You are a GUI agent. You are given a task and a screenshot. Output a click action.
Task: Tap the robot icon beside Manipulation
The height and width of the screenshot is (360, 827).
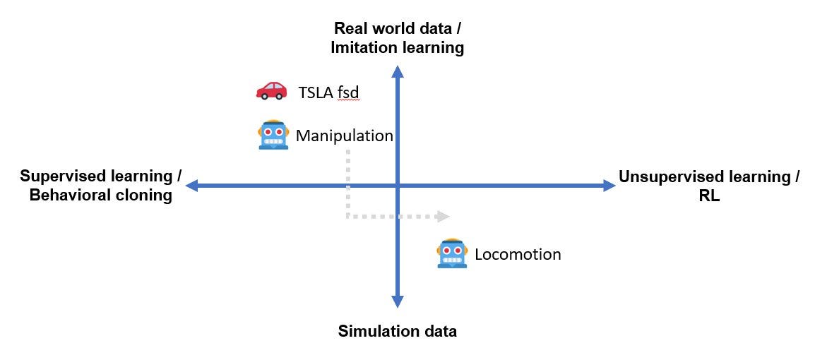pyautogui.click(x=273, y=135)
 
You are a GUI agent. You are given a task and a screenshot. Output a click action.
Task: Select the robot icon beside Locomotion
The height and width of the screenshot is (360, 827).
pyautogui.click(x=453, y=253)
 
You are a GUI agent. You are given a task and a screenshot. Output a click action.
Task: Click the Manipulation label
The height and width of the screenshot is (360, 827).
pyautogui.click(x=344, y=136)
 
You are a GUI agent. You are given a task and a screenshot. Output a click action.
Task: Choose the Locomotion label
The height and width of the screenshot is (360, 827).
pyautogui.click(x=518, y=254)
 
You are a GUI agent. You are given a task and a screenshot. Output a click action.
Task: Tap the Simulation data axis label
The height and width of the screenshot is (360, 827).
pyautogui.click(x=398, y=330)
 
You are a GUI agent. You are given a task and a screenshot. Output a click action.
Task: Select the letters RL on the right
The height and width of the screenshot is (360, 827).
pyautogui.click(x=709, y=196)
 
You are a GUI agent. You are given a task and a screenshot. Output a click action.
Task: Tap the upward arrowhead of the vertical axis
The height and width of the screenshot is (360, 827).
pyautogui.click(x=398, y=71)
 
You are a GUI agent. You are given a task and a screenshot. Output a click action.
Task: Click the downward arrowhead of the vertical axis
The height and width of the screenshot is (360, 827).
pyautogui.click(x=398, y=301)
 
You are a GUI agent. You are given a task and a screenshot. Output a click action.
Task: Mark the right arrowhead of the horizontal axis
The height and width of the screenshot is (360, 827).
pyautogui.click(x=609, y=186)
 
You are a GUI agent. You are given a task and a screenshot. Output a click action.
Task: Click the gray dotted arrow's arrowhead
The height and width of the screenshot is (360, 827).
pyautogui.click(x=444, y=216)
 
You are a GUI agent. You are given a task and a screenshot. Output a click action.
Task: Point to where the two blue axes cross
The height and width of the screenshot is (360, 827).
pyautogui.click(x=398, y=186)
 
